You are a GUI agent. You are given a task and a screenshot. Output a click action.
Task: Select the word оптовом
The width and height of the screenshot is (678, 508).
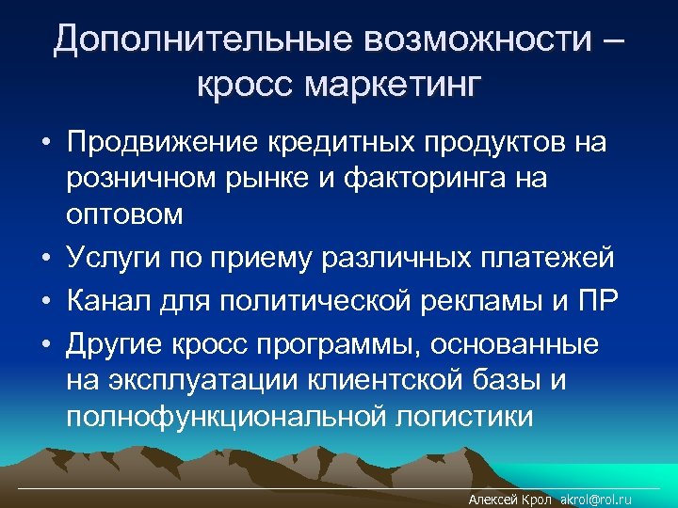(125, 213)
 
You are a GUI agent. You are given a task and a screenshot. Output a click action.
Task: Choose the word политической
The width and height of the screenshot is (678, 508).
(344, 301)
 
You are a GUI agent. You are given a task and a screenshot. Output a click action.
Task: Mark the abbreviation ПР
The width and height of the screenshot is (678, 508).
(595, 301)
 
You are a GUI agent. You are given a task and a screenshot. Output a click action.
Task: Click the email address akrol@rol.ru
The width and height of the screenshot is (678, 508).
(596, 500)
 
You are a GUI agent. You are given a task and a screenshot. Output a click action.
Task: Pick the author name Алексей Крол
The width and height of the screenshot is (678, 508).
(510, 500)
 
